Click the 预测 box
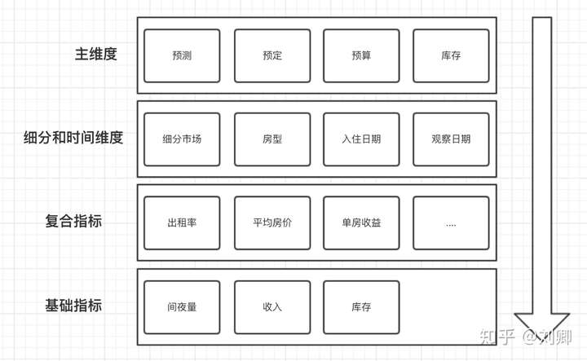[182, 56]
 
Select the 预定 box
[272, 56]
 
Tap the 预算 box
[361, 56]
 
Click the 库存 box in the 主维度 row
[451, 56]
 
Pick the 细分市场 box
[182, 139]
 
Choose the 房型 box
[272, 139]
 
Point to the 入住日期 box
[361, 139]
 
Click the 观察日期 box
[451, 139]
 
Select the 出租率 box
[182, 222]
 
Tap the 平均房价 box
[272, 222]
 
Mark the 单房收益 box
[361, 222]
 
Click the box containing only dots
[451, 222]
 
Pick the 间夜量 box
[182, 307]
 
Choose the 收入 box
[272, 307]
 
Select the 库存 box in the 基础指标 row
[361, 307]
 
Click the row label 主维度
[95, 55]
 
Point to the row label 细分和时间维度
[73, 138]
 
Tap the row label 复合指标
[73, 221]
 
